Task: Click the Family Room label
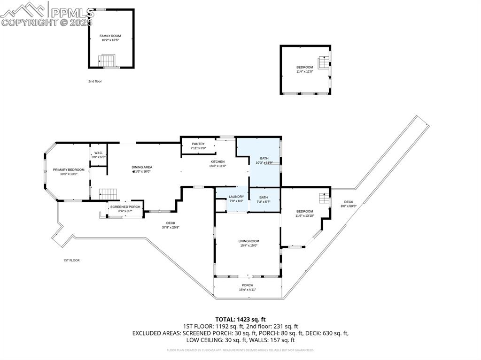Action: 110,38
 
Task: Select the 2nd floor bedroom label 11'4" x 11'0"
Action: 304,69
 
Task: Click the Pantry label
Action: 198,146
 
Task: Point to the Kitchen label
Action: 217,163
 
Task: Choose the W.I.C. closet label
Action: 98,154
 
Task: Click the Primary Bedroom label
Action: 69,171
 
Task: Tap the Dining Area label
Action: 141,169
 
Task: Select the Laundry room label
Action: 236,199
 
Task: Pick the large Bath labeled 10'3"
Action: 264,161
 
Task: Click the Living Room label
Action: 248,243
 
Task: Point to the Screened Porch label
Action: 125,208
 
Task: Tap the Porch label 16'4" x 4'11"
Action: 247,287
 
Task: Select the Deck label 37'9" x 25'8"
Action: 171,225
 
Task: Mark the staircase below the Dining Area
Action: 108,193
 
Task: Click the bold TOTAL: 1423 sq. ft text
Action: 240,319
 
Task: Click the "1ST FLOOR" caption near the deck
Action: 71,260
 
